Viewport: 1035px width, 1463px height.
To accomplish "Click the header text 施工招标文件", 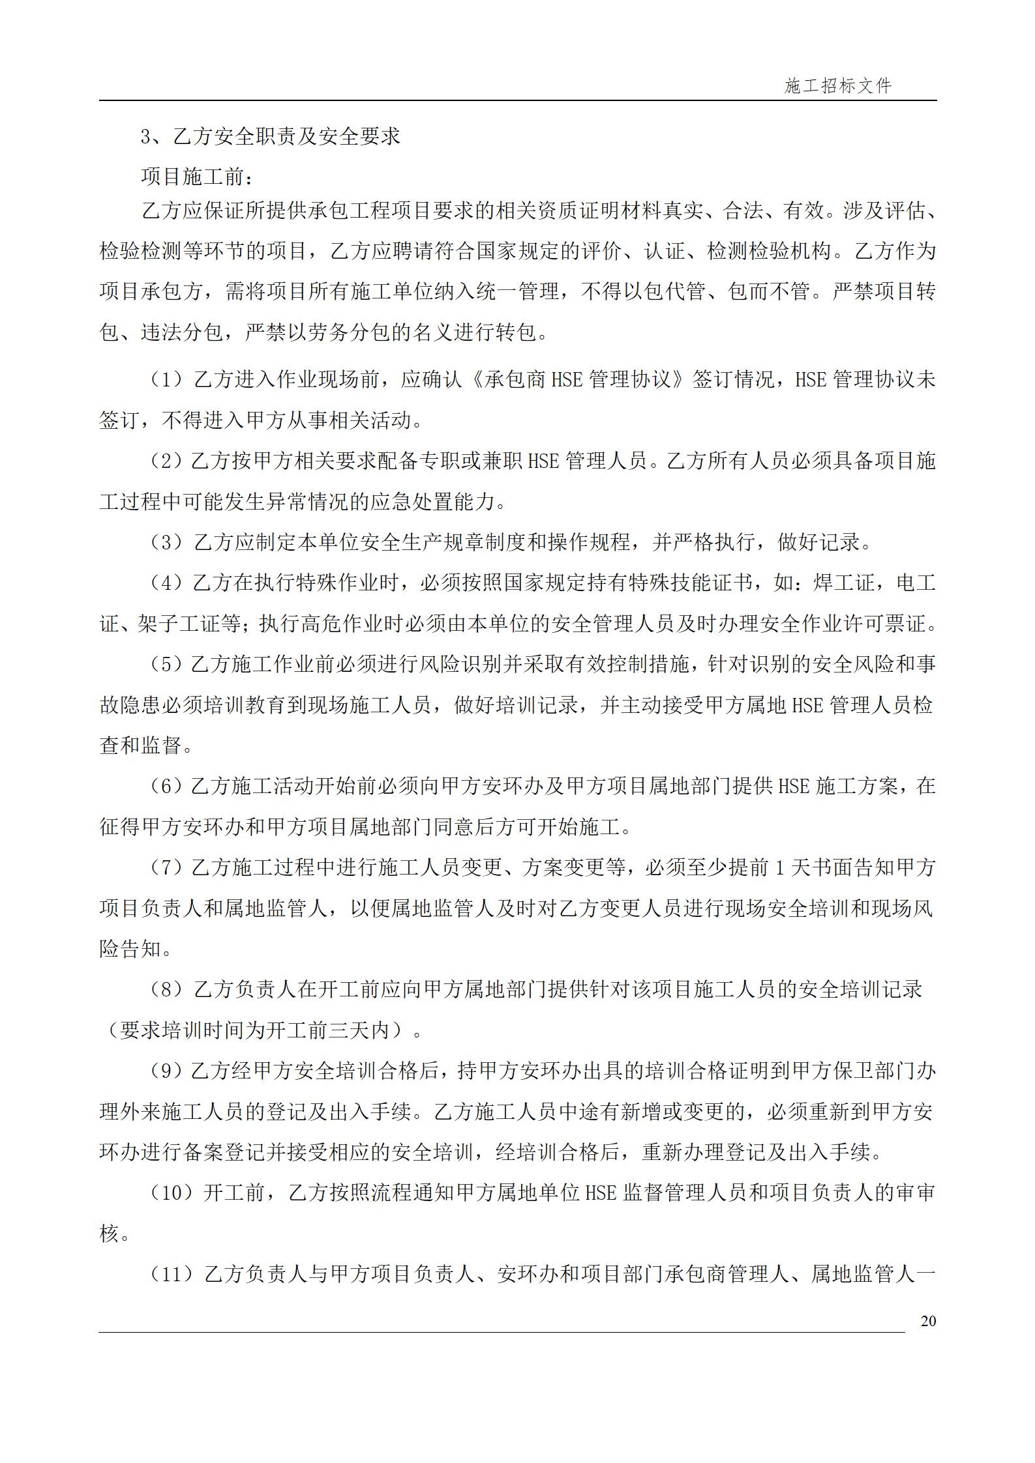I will tap(837, 86).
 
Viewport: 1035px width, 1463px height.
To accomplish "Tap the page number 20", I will tap(928, 1321).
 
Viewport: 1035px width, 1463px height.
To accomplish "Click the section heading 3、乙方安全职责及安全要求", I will tap(270, 136).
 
